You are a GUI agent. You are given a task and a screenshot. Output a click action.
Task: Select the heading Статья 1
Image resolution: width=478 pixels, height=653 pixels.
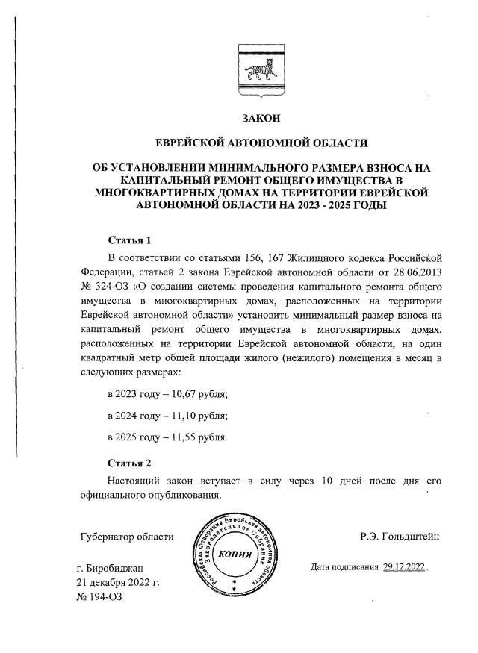pos(130,240)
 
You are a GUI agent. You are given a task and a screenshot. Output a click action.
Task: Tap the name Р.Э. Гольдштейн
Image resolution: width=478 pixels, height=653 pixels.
pos(400,536)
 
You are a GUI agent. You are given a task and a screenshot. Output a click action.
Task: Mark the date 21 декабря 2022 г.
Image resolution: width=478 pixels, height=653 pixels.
pos(118,583)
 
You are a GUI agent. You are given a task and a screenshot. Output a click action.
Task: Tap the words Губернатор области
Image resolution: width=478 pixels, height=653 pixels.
pos(125,536)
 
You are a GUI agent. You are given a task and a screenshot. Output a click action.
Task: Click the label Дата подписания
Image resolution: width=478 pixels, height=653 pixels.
pos(344,567)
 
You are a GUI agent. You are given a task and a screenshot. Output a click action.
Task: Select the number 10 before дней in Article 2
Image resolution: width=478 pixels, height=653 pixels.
pos(326,480)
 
